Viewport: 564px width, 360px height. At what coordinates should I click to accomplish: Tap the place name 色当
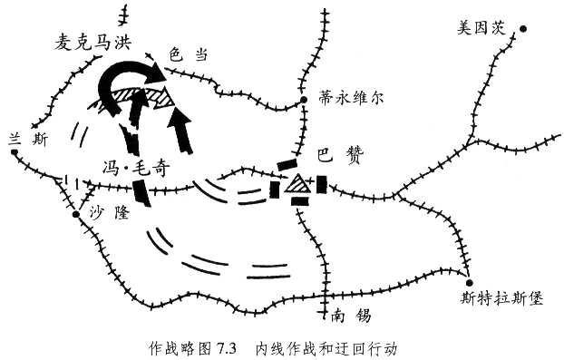(x=189, y=55)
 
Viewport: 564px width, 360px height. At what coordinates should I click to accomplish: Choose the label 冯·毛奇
(x=136, y=168)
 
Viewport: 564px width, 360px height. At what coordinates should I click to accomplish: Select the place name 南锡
(x=348, y=316)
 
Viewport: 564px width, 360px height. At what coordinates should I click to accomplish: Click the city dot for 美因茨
(x=522, y=28)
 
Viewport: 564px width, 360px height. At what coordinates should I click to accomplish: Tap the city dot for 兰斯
(x=15, y=152)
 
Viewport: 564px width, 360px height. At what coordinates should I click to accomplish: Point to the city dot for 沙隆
(x=77, y=216)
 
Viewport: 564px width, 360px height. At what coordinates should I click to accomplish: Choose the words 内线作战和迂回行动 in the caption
(x=326, y=347)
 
